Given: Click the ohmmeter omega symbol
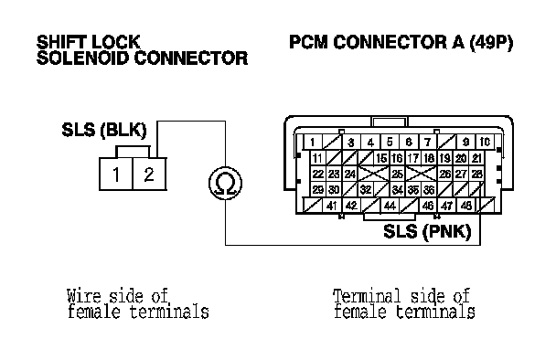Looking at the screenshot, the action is coord(225,183).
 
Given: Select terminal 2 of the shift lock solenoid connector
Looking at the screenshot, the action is coord(149,174).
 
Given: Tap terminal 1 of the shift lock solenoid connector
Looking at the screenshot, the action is coord(116,174).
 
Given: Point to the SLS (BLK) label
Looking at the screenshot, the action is coord(104,130).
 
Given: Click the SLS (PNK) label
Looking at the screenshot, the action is coord(427,231).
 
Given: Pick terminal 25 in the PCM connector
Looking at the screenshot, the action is coord(397,174).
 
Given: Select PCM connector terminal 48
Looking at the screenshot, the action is coord(466,206).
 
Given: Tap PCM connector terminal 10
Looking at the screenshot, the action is coord(485,143).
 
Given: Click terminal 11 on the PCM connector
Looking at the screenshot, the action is coord(317,158).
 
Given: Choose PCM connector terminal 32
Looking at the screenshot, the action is coord(366,189).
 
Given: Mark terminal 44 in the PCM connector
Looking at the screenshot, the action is coord(390,206).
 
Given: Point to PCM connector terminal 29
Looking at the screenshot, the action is coord(317,189).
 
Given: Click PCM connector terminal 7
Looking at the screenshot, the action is coord(428,143).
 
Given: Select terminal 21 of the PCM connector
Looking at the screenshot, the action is coord(476,158).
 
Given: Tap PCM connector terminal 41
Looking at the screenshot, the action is coord(332,206).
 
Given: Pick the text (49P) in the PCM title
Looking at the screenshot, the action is coord(491,42).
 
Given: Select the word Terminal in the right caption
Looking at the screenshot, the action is coord(367,296).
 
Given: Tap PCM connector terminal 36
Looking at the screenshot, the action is coord(429,189).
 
